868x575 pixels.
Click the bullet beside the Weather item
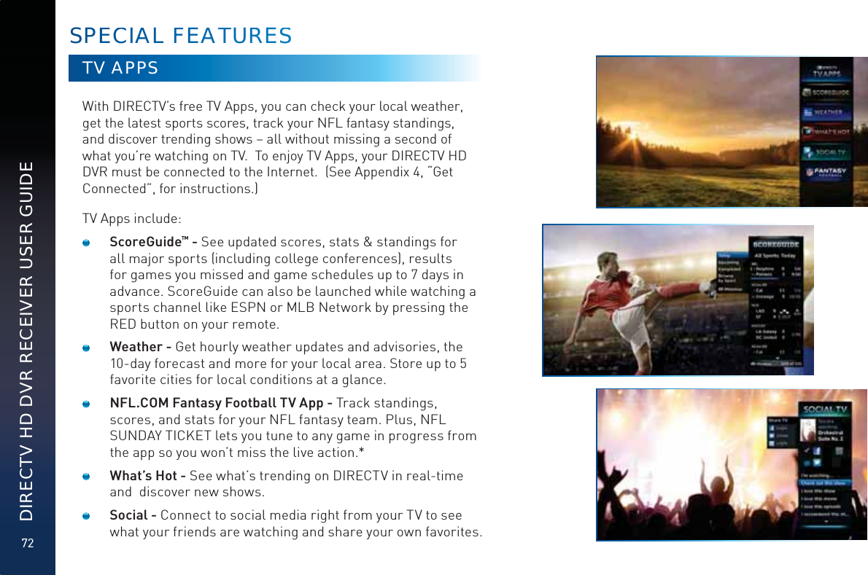point(86,348)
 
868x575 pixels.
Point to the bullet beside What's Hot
point(86,477)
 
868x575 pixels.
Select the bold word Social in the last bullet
point(128,516)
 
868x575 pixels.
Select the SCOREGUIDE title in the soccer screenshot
point(776,245)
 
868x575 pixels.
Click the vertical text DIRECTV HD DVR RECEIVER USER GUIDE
point(28,341)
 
